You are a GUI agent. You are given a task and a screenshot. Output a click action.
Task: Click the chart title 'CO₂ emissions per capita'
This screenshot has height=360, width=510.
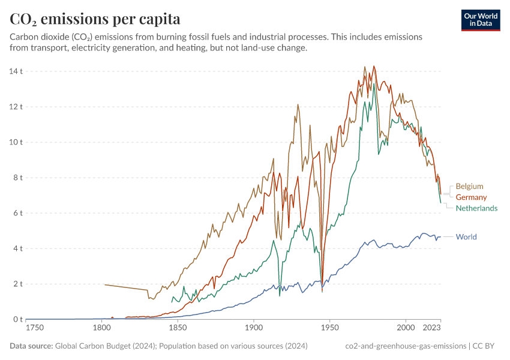(95, 19)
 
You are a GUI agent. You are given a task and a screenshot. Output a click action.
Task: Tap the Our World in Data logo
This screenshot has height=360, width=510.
(480, 20)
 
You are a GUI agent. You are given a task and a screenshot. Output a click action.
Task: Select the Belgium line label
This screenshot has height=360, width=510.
(469, 187)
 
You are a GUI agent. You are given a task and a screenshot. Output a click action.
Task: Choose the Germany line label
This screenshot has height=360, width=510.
(471, 197)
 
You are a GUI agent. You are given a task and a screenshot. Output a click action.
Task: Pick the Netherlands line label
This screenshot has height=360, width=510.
(476, 208)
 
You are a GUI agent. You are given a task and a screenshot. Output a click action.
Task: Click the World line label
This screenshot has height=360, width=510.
(466, 237)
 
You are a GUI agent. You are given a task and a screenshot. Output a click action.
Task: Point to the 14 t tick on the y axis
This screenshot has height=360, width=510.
(16, 71)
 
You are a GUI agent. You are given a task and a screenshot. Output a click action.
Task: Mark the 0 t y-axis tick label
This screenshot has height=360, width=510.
(18, 319)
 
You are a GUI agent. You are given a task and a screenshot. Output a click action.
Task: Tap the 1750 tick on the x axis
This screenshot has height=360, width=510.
(35, 328)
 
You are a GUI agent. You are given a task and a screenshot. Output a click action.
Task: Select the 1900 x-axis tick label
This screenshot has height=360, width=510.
(254, 328)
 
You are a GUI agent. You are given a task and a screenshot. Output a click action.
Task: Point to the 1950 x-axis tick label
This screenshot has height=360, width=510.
(329, 328)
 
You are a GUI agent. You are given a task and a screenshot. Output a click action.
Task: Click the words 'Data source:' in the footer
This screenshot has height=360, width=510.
(31, 346)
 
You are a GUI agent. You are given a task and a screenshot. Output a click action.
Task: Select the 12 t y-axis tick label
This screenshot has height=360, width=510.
(16, 107)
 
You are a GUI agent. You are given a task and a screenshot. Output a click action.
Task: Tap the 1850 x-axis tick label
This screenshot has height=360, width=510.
(178, 328)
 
